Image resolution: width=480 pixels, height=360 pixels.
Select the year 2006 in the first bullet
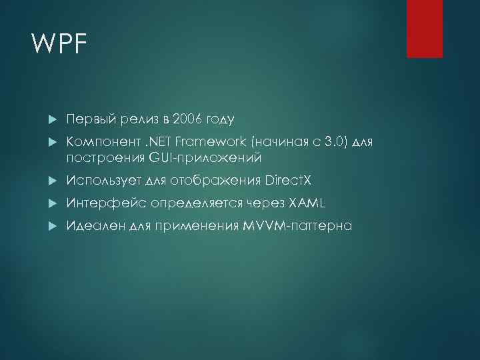point(187,119)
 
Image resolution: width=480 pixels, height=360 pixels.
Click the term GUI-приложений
point(205,158)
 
